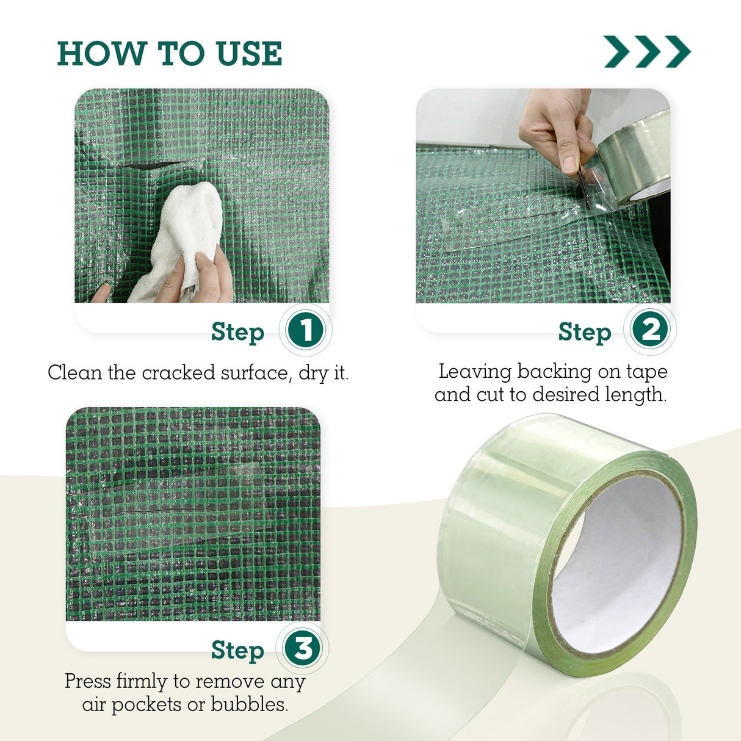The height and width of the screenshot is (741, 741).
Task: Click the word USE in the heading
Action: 250,53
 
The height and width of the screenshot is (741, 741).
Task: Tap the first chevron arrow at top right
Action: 617,51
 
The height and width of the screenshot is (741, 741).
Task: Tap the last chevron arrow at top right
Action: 678,51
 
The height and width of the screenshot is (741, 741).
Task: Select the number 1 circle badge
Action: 305,330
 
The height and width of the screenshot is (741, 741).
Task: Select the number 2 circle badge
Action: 650,330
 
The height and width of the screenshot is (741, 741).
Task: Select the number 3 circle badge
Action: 303,648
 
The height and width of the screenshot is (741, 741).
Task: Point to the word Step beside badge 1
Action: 238,332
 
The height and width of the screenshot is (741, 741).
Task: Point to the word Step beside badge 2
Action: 585,332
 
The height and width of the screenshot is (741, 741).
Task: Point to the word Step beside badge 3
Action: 238,651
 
